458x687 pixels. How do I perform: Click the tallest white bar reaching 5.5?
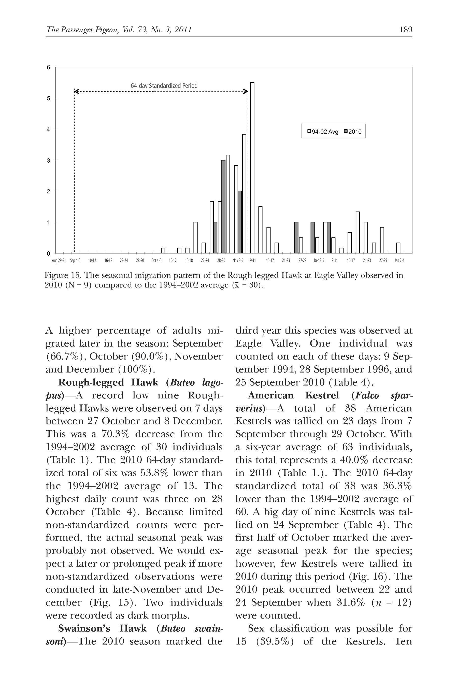(x=252, y=168)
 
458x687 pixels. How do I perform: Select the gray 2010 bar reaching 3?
(x=223, y=207)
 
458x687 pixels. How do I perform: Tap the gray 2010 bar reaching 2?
(x=240, y=222)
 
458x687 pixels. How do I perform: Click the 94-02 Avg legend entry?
(x=323, y=132)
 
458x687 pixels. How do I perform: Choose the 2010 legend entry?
(x=353, y=132)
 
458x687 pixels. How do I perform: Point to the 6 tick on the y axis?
(x=49, y=67)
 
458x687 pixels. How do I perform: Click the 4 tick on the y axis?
(x=49, y=130)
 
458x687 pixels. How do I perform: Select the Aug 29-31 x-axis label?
(x=59, y=260)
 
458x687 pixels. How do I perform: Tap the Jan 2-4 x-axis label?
(x=399, y=260)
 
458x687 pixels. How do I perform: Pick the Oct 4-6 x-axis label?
(x=156, y=260)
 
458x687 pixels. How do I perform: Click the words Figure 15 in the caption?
(x=62, y=276)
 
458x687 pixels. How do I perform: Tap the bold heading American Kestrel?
(x=293, y=395)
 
